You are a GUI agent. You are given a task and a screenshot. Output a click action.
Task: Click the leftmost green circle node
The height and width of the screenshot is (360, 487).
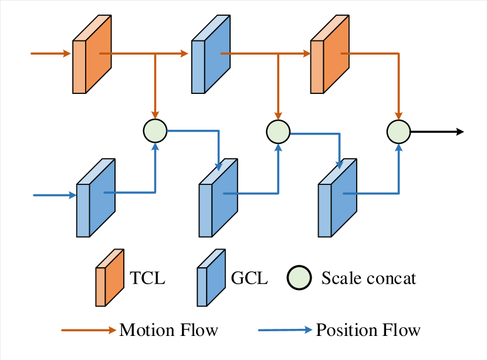coord(155,131)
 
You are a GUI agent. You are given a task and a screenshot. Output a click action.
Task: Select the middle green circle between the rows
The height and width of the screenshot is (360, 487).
coord(278,132)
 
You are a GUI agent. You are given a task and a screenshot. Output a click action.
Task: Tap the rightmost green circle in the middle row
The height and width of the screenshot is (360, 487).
coord(398,132)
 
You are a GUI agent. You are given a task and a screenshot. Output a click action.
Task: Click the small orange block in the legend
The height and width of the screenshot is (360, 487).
coord(110,278)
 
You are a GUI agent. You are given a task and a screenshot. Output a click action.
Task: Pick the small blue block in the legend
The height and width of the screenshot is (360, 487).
coord(211,278)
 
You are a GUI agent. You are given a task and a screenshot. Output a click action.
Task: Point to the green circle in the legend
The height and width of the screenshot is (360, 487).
coord(299,278)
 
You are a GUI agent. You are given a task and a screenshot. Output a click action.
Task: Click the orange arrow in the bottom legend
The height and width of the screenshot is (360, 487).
coord(89,330)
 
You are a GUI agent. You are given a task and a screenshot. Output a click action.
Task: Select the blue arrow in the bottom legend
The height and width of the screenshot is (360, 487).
coord(285,330)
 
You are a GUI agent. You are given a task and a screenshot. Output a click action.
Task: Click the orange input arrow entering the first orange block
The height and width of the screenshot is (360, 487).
coord(50,53)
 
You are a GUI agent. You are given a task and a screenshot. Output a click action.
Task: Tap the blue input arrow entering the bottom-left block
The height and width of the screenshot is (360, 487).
coord(55,195)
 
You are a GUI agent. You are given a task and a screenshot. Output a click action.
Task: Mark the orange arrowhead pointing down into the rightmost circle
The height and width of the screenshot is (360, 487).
coord(398,116)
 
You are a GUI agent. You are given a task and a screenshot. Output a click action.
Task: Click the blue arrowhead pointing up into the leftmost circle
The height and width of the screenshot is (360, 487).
coord(155,147)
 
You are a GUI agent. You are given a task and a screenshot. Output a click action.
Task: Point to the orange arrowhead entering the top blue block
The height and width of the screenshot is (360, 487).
coord(184,53)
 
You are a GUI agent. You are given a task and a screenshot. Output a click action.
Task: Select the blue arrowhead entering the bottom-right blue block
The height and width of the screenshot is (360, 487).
coord(339,164)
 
